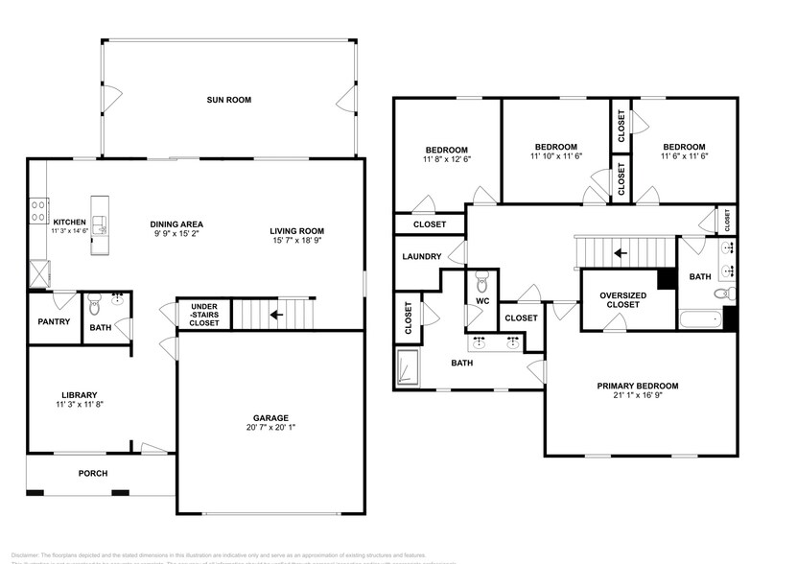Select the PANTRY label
53,321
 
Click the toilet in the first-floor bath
94,306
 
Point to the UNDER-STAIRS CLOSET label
203,315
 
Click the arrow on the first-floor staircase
276,314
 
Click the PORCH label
93,473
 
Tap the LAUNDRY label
421,257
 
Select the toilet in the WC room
483,282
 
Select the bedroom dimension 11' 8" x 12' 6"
446,160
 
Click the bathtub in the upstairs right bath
698,319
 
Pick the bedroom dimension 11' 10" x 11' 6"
556,155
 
